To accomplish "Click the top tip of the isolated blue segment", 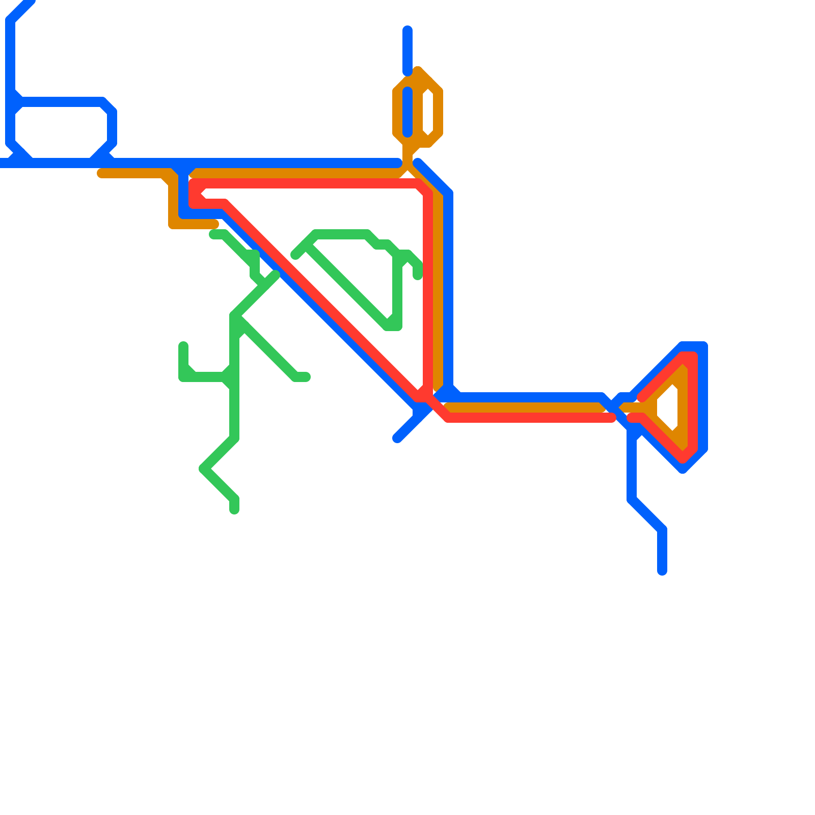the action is tap(407, 30).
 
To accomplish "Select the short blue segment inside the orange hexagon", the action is tap(407, 112).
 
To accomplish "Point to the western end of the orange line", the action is tap(101, 173).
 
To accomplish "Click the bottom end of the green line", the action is tap(234, 509).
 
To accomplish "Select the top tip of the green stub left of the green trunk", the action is tap(183, 346).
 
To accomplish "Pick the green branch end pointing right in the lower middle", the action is tap(306, 377).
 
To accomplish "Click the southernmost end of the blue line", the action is tap(662, 572).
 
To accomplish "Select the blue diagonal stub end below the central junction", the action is tap(397, 439).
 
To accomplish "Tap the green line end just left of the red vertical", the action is tap(418, 276).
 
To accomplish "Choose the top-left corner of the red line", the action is tap(194, 183).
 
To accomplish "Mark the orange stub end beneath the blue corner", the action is tap(214, 224).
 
